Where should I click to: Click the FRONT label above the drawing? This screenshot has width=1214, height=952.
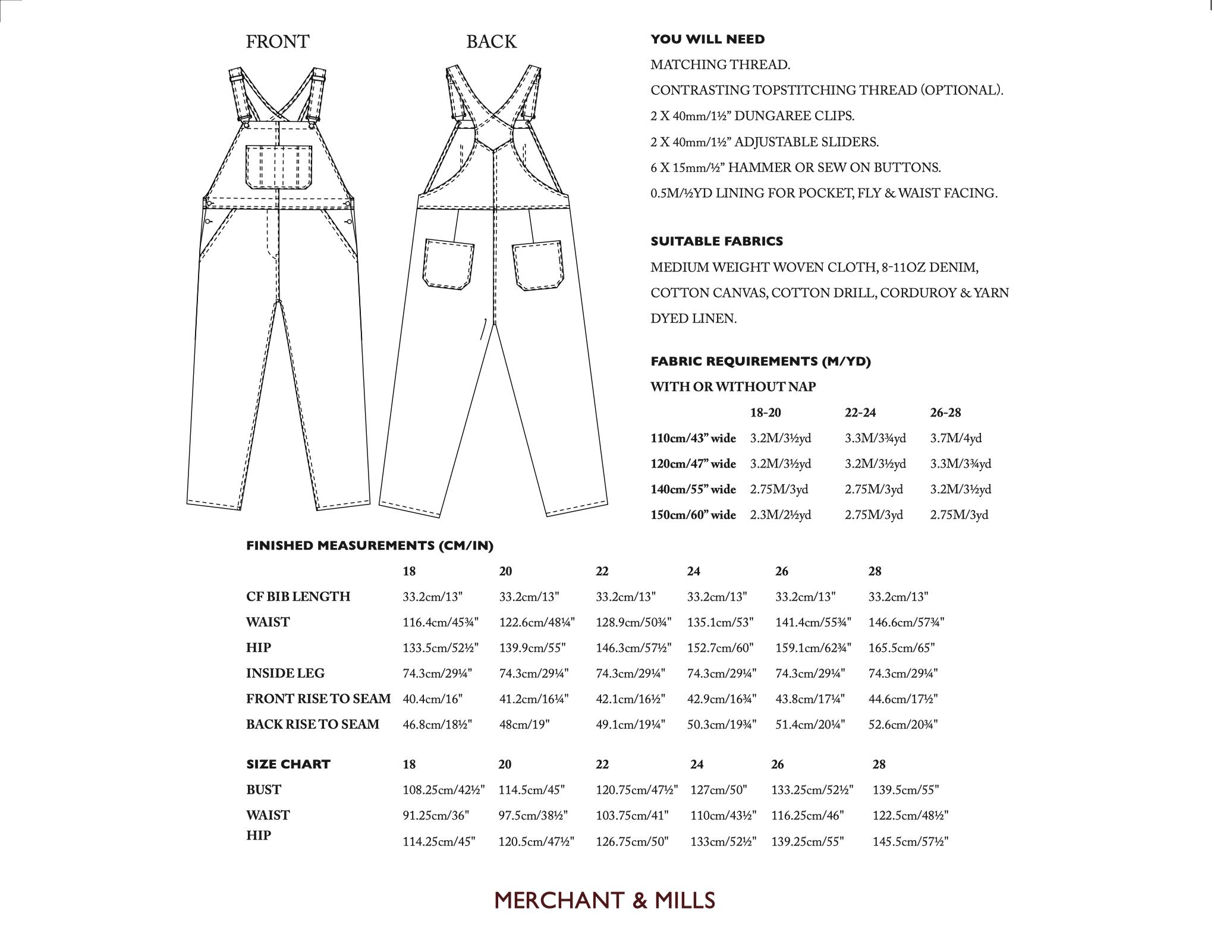[x=278, y=42]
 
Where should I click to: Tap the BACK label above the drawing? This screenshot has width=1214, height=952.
[x=491, y=42]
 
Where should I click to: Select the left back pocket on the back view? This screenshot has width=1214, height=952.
[x=449, y=264]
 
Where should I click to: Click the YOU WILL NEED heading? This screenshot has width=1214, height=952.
[x=707, y=39]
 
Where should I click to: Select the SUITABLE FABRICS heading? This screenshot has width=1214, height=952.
[x=716, y=241]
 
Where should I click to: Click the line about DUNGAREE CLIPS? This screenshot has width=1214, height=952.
[x=752, y=116]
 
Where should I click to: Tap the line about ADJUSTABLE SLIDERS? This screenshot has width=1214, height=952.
[x=764, y=142]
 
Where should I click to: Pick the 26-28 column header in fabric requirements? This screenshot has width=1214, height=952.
[x=945, y=412]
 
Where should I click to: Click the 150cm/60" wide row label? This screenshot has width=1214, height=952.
[x=693, y=515]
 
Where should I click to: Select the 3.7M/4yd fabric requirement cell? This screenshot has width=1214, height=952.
[x=955, y=438]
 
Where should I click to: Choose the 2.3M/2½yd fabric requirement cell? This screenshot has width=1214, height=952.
[x=780, y=515]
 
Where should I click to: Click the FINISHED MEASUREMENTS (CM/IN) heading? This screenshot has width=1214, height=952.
[x=369, y=546]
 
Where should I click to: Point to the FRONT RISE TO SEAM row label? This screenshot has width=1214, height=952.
[x=318, y=699]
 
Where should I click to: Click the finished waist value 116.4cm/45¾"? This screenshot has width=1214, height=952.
[x=440, y=622]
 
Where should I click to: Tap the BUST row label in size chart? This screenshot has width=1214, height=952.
[x=263, y=790]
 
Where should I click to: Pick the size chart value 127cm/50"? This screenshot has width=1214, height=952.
[x=718, y=790]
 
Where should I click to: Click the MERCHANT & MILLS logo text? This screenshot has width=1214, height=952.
[x=605, y=901]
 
